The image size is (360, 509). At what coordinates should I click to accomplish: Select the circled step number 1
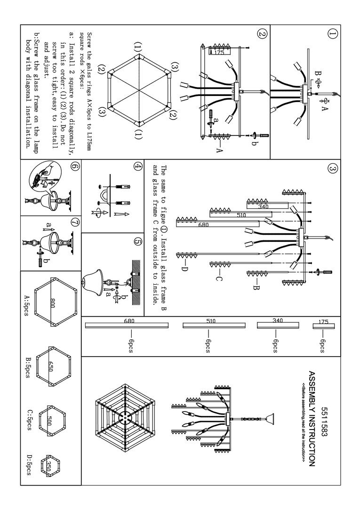point(333,34)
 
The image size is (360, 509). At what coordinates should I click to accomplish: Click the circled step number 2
point(262,34)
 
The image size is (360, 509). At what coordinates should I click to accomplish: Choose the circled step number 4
point(137,166)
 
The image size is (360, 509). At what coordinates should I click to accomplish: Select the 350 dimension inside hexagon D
point(48,466)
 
